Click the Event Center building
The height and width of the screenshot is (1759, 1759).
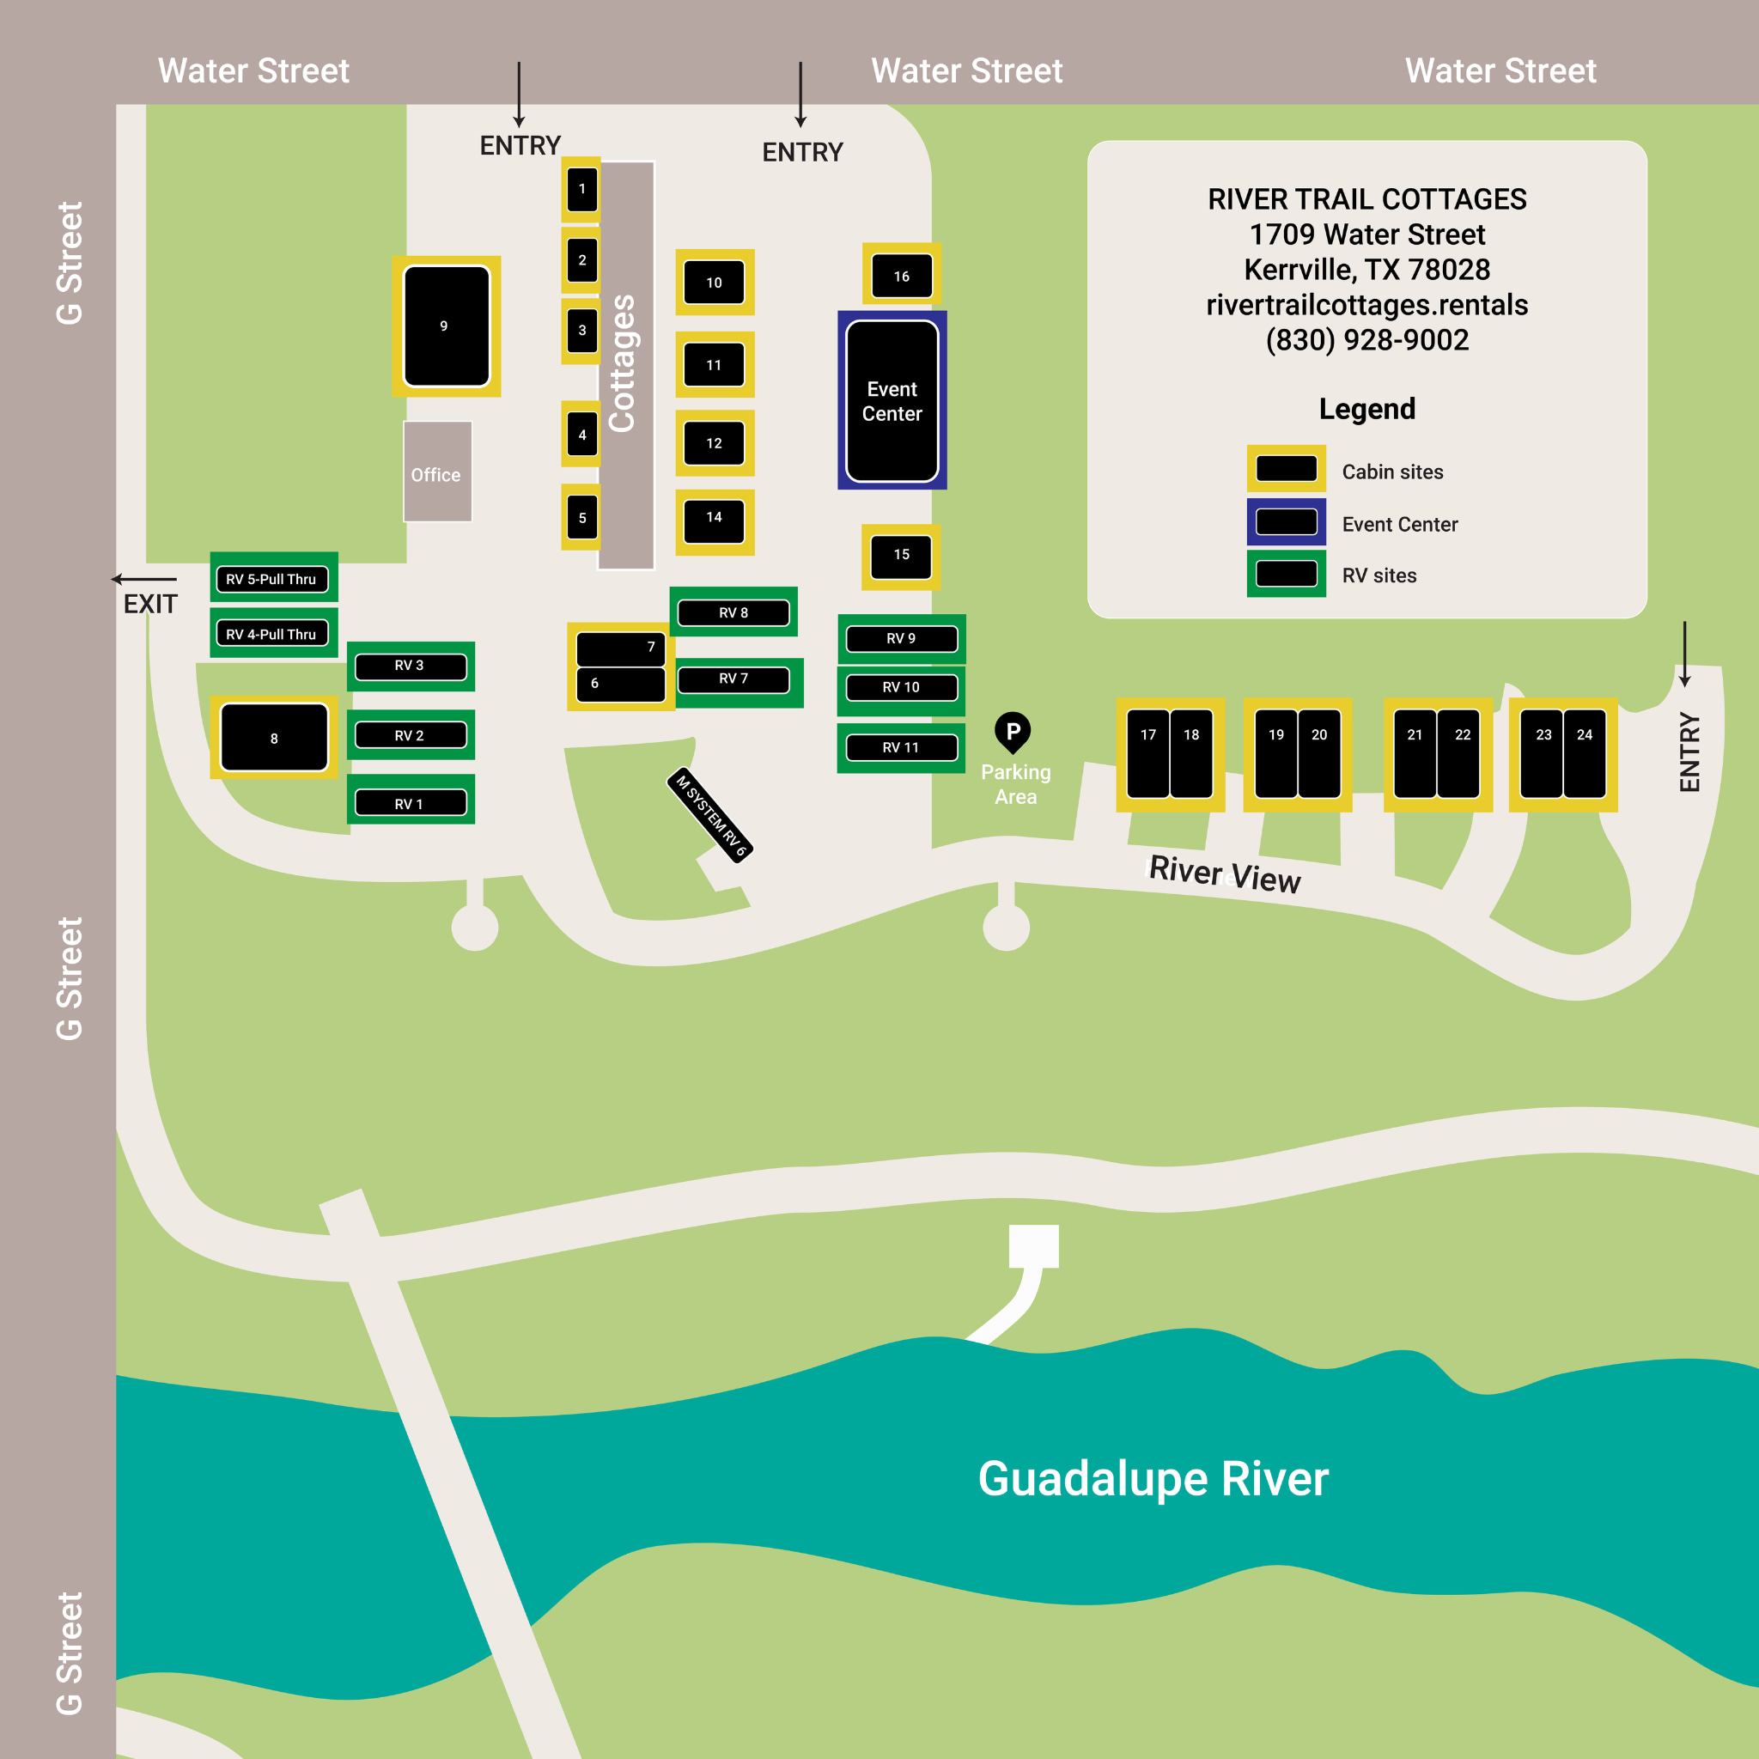coord(892,400)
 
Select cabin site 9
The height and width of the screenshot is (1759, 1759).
coord(446,326)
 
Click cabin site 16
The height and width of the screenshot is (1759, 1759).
coord(901,275)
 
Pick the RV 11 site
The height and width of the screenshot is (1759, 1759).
coord(900,747)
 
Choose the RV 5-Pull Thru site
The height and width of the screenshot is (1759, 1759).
coord(272,578)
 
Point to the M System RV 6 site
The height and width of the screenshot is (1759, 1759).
coord(710,815)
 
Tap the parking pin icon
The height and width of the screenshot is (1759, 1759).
coord(1013,732)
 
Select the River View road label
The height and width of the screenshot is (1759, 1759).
coord(1225,874)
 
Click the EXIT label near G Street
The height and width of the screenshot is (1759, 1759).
coord(150,604)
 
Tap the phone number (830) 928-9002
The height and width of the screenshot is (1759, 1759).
coord(1366,339)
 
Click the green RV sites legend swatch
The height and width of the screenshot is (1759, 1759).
coord(1286,574)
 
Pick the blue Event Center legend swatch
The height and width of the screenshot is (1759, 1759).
coord(1286,521)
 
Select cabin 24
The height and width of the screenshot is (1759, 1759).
coord(1584,754)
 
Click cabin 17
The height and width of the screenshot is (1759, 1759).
coord(1148,754)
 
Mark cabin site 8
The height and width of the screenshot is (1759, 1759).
coord(274,738)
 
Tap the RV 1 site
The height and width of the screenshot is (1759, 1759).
coord(410,803)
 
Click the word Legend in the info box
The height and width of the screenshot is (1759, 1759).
coord(1366,409)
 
